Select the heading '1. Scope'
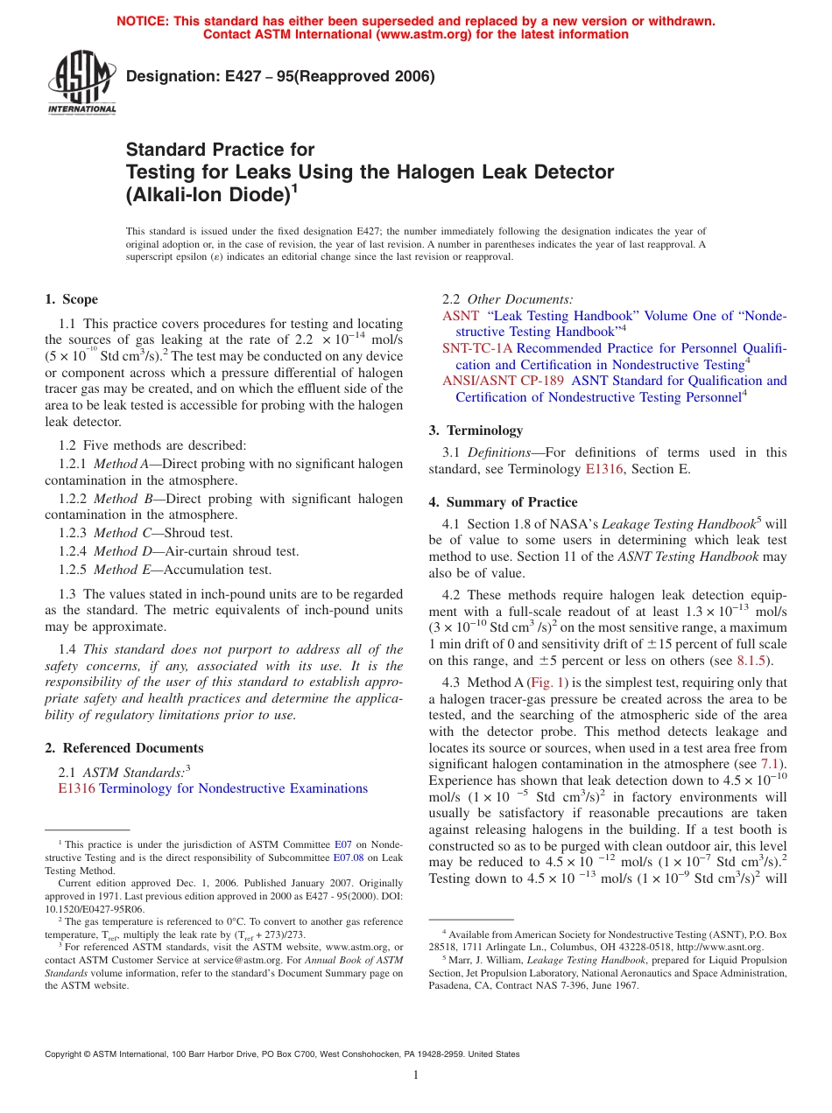(72, 299)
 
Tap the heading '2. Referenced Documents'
(124, 748)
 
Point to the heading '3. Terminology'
(476, 430)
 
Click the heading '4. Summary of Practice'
(503, 502)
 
